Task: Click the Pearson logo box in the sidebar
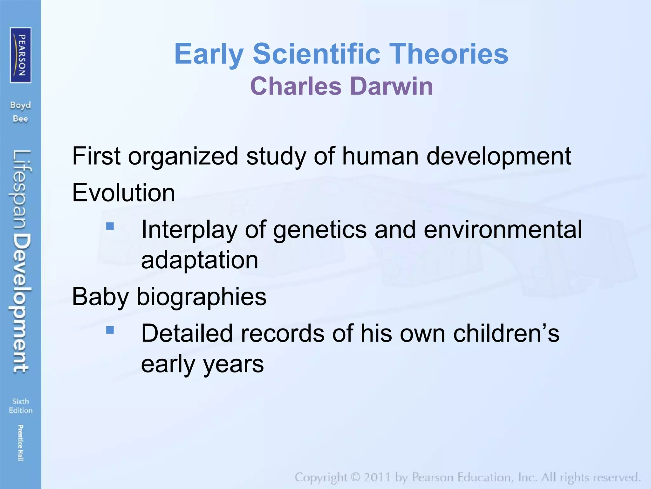[x=21, y=55]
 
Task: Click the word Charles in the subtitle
[x=296, y=86]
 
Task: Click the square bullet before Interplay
[x=110, y=226]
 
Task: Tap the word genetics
[x=319, y=230]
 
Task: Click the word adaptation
[x=199, y=260]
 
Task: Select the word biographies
[x=201, y=297]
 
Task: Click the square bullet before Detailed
[x=110, y=330]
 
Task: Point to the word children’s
[x=506, y=333]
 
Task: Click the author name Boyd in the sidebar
[x=20, y=105]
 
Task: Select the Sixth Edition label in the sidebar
[x=20, y=406]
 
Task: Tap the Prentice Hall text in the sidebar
[x=20, y=443]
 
